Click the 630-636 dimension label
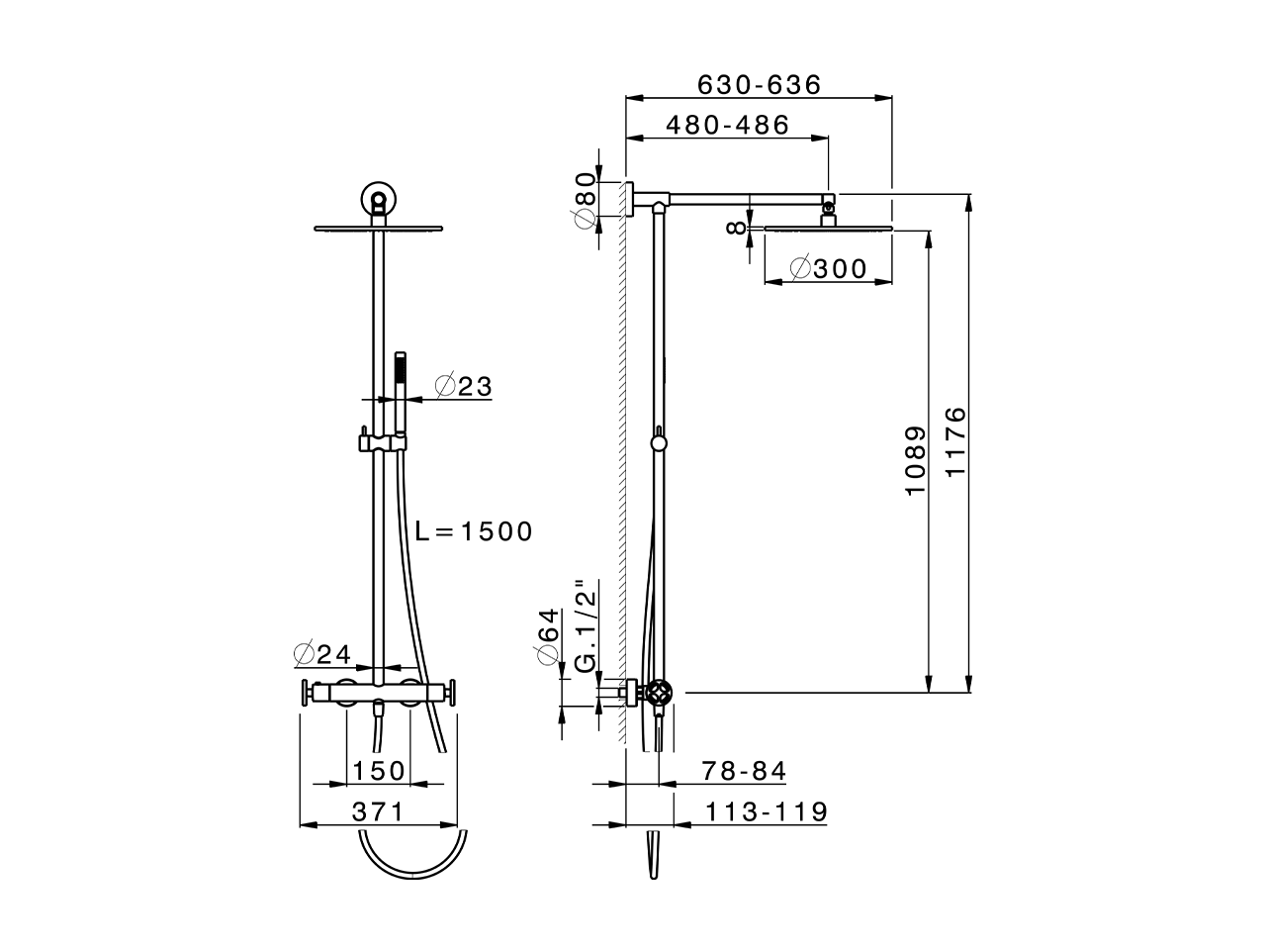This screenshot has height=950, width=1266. (x=760, y=85)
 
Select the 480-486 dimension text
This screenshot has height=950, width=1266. (x=728, y=126)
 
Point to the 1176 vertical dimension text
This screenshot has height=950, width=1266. (x=955, y=441)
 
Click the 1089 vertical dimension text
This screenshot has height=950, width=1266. (x=916, y=461)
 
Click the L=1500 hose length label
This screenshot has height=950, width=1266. (x=474, y=531)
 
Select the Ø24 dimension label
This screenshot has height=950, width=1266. (x=322, y=654)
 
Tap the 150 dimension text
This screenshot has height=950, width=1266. (x=379, y=771)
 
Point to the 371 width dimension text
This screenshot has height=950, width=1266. (x=379, y=812)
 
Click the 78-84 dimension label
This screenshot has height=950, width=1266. (x=744, y=771)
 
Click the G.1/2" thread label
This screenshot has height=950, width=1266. (x=586, y=626)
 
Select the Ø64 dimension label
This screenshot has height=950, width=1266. (x=547, y=638)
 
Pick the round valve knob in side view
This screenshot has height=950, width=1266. (x=660, y=694)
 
